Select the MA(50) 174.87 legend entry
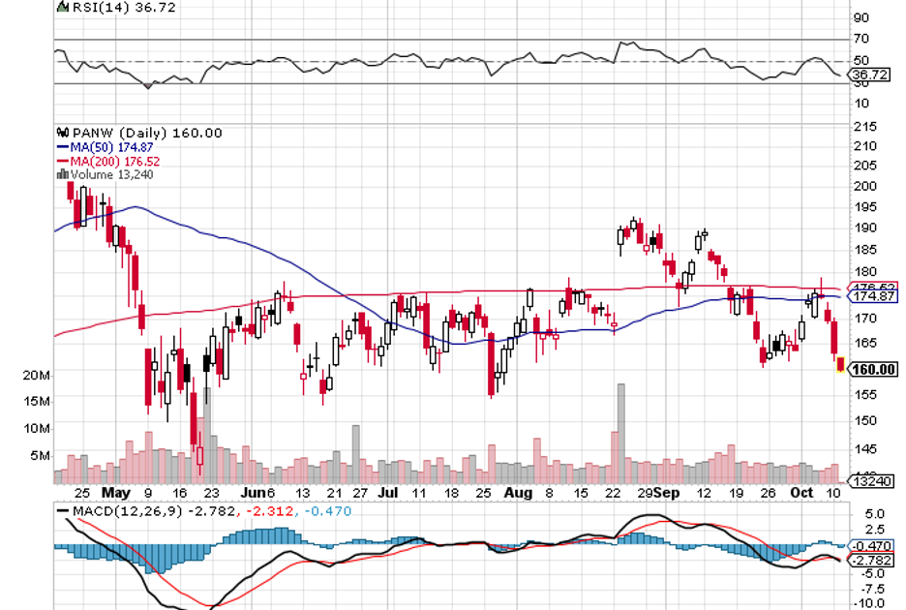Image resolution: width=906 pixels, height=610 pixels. pos(100,146)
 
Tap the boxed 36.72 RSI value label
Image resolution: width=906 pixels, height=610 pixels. pos(866,75)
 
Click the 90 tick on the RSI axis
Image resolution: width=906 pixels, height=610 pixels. pos(860,17)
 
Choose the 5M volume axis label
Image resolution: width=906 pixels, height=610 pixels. pos(40,455)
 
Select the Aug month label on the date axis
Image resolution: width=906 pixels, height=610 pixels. pos(519,491)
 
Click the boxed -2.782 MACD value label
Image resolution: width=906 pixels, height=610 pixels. pos(869,561)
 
